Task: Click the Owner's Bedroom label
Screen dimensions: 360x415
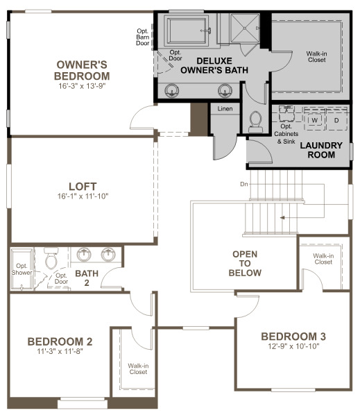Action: click(x=82, y=70)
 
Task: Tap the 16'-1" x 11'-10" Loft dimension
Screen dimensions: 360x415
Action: click(x=83, y=196)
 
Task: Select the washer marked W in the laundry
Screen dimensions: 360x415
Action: click(x=314, y=121)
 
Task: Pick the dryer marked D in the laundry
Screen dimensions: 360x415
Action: click(x=336, y=121)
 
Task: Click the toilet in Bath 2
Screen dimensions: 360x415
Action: click(x=51, y=258)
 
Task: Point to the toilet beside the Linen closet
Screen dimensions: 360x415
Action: click(x=255, y=122)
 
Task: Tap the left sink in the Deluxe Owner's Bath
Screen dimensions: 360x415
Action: click(x=171, y=90)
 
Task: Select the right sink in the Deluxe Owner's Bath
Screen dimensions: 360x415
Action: click(x=225, y=90)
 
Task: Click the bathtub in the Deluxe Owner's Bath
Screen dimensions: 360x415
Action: click(x=186, y=30)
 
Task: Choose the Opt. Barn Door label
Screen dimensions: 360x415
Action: click(x=143, y=37)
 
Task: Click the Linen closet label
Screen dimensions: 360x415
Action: click(x=225, y=109)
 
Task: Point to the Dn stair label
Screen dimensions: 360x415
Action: click(x=244, y=184)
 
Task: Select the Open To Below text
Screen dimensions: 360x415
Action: click(x=245, y=263)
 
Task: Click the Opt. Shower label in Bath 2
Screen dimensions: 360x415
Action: click(x=22, y=269)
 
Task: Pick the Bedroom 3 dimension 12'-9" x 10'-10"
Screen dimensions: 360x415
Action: click(x=293, y=346)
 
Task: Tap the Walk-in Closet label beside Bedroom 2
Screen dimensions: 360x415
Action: click(x=138, y=369)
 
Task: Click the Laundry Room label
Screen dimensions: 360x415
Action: click(x=321, y=150)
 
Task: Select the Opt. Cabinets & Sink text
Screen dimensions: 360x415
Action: click(x=286, y=134)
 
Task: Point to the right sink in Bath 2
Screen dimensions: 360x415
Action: click(x=108, y=255)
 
